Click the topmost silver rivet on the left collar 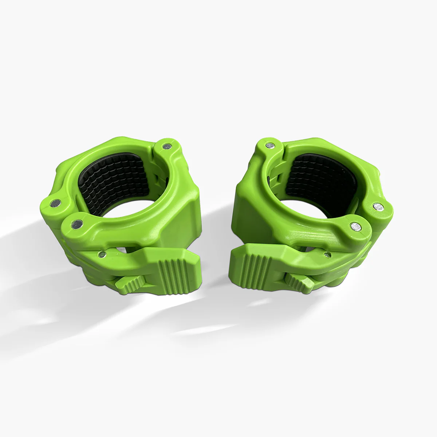click(167, 146)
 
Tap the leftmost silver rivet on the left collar click(56, 203)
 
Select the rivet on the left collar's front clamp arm click(77, 225)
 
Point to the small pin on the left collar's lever click(103, 254)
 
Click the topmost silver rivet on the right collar click(269, 145)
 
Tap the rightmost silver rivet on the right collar click(379, 207)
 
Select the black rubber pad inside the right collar click(320, 178)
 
